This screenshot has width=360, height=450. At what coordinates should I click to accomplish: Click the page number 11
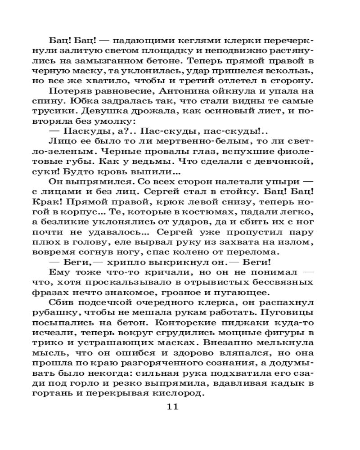pyautogui.click(x=173, y=408)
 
